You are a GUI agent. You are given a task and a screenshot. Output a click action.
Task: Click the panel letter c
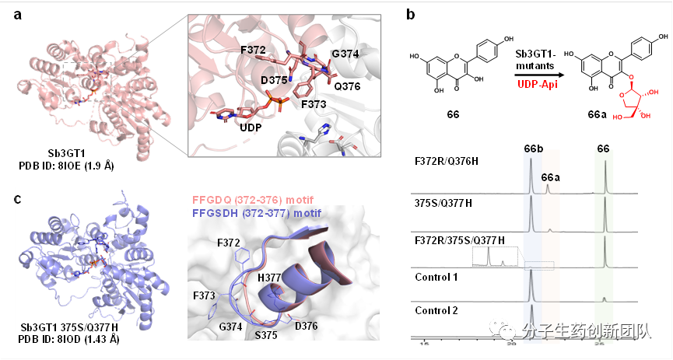pyautogui.click(x=18, y=201)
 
